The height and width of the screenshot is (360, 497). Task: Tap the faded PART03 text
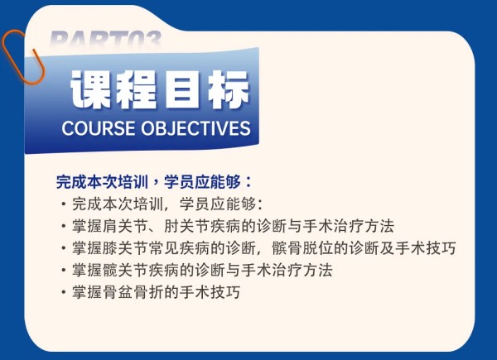tap(105, 40)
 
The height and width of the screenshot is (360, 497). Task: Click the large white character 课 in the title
tap(91, 89)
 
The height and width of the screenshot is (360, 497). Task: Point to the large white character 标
tap(229, 89)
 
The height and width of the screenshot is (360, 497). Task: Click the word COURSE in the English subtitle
tap(99, 128)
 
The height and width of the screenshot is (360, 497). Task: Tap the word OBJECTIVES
tap(195, 128)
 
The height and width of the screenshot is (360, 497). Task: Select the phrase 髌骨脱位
tap(302, 248)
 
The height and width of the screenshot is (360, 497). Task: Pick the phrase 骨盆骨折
tap(133, 292)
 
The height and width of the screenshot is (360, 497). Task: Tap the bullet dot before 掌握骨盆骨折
tap(65, 292)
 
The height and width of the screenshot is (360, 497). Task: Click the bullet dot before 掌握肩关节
tap(65, 227)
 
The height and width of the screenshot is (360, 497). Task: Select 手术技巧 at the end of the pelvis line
tap(210, 292)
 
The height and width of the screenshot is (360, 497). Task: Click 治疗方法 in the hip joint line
tap(302, 270)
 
